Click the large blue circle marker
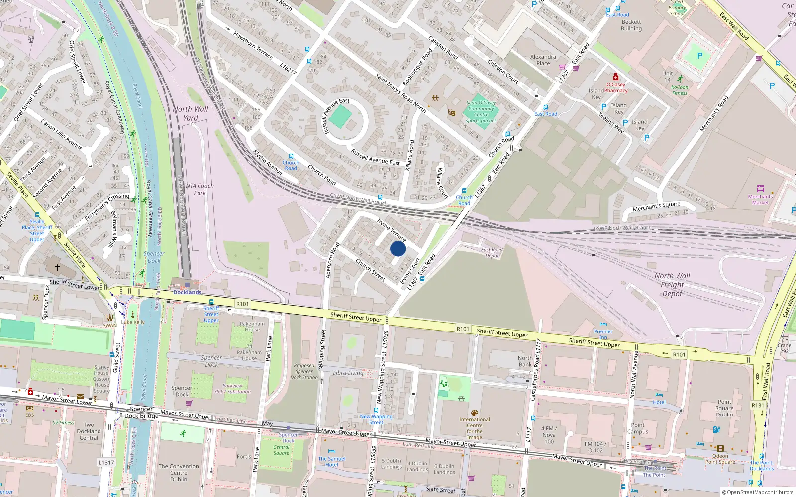tap(398, 248)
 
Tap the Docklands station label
tap(187, 292)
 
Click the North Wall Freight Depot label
tap(672, 285)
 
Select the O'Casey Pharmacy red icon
tap(616, 77)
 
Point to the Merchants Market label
tap(760, 199)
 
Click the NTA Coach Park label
tap(199, 189)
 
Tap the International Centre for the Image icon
tap(474, 413)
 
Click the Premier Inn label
tap(603, 334)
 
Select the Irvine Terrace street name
tap(391, 230)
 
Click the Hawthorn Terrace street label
tap(253, 46)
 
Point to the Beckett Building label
tap(631, 25)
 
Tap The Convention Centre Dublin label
tap(178, 473)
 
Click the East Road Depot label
tap(492, 253)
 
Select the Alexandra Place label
tap(543, 60)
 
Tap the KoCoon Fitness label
tap(680, 90)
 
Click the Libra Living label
tap(348, 373)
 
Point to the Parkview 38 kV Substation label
tap(232, 388)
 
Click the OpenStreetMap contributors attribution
tap(757, 493)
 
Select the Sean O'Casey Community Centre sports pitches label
tap(481, 112)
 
